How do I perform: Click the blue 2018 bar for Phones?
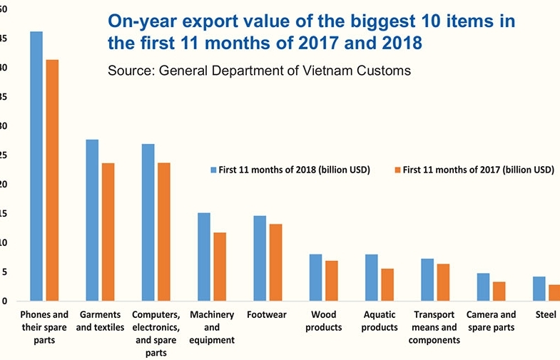(x=36, y=166)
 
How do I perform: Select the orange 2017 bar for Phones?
(x=52, y=180)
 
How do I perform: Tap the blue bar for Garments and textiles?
(x=92, y=220)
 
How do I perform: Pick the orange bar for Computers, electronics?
(x=163, y=232)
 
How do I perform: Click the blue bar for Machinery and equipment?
(x=203, y=257)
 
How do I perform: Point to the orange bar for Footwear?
(x=275, y=262)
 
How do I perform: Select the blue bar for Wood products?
(x=315, y=277)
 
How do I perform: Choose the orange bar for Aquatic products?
(x=387, y=284)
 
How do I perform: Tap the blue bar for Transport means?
(x=427, y=279)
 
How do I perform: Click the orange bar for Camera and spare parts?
(x=499, y=291)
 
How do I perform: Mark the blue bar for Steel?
(x=539, y=289)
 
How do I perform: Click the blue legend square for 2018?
(x=213, y=170)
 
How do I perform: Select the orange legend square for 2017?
(x=397, y=170)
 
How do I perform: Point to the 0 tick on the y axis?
(x=4, y=301)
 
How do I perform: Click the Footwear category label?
(x=268, y=314)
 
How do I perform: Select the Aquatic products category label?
(x=380, y=321)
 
